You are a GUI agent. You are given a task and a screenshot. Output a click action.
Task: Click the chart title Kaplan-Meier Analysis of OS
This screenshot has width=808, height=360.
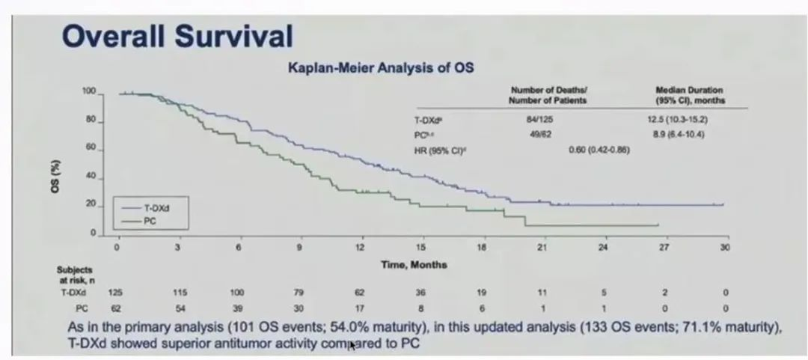click(382, 67)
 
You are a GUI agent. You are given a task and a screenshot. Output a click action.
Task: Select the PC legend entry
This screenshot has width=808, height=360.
click(149, 222)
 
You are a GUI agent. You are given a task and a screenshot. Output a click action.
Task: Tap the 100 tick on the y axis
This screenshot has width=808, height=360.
click(89, 91)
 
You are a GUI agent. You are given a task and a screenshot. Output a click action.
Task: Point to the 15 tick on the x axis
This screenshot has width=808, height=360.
click(421, 248)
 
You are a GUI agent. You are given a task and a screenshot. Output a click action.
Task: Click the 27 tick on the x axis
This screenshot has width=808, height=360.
click(664, 248)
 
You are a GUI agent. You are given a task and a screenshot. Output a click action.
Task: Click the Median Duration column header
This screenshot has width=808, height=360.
click(689, 94)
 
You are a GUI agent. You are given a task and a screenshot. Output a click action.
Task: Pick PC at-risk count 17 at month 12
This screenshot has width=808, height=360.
click(360, 308)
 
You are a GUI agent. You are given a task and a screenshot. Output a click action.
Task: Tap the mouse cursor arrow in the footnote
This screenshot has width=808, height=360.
click(350, 347)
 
